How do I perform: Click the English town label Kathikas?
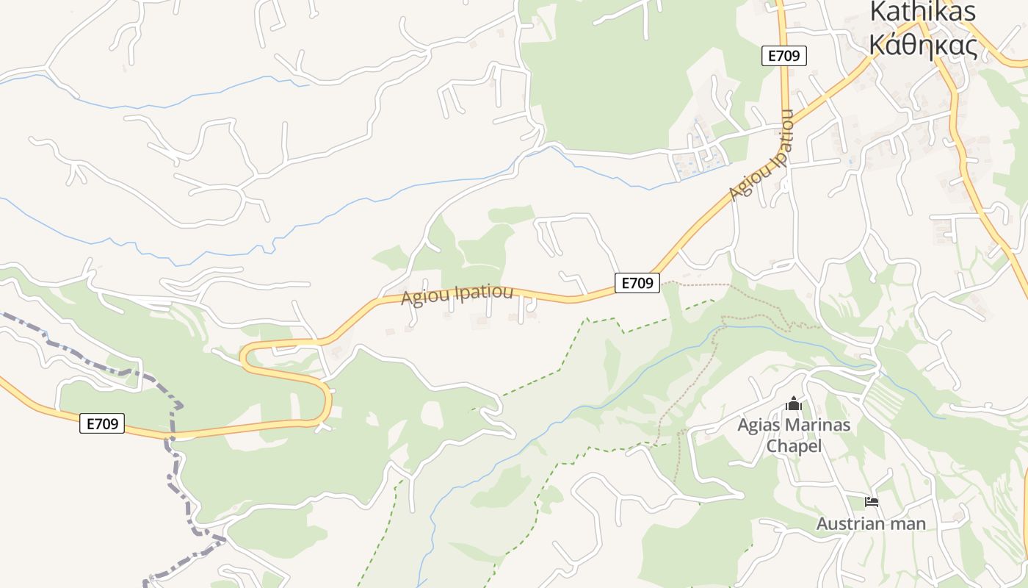coord(922,12)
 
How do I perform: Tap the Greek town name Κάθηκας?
coord(922,46)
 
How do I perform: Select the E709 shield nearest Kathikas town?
coord(783,56)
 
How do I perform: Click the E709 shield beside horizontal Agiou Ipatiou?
coord(637,283)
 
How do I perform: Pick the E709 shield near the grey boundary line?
coord(102,423)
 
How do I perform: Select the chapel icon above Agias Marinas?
coord(793,404)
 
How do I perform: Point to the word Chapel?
coord(793,446)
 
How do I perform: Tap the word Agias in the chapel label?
coord(759,425)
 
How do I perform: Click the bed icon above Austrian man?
coord(872,502)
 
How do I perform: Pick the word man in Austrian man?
coord(908,524)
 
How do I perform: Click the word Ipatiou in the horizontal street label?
coord(484,293)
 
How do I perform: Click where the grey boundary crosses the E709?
coord(170,435)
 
